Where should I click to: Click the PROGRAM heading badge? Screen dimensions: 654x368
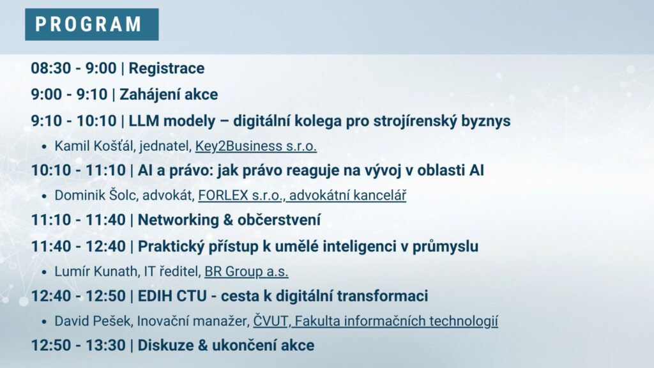pyautogui.click(x=92, y=24)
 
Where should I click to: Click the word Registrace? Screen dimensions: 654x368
pyautogui.click(x=167, y=68)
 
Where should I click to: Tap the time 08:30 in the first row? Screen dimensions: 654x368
pyautogui.click(x=51, y=68)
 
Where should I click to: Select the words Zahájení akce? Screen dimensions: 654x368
pyautogui.click(x=169, y=95)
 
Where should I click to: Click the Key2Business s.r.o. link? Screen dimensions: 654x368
pyautogui.click(x=255, y=146)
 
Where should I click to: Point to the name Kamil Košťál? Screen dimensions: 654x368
pyautogui.click(x=95, y=146)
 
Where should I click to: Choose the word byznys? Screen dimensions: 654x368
pyautogui.click(x=485, y=121)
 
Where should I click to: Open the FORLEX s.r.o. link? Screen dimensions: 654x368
pyautogui.click(x=240, y=195)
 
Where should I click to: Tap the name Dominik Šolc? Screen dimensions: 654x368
pyautogui.click(x=96, y=195)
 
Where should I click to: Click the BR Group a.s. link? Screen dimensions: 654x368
pyautogui.click(x=246, y=272)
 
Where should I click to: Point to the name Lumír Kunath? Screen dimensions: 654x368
pyautogui.click(x=96, y=272)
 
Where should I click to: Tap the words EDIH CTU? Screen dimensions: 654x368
pyautogui.click(x=172, y=296)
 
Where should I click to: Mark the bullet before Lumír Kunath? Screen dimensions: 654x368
pyautogui.click(x=44, y=272)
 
